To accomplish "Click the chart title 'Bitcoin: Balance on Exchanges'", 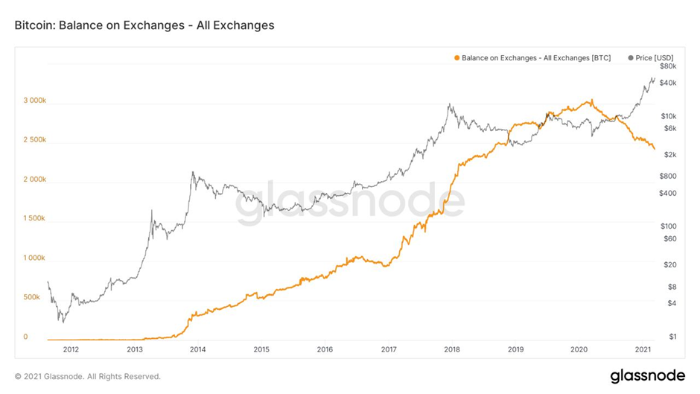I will click(x=144, y=25).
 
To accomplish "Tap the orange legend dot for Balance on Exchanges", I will click(x=456, y=57).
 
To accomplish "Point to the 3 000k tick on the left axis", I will click(x=34, y=101).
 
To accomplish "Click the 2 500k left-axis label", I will click(x=34, y=140).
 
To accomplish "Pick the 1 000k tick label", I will click(x=34, y=258).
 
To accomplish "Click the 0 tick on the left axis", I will click(x=25, y=337).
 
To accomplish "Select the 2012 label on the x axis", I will click(x=71, y=349).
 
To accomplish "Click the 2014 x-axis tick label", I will click(x=198, y=349).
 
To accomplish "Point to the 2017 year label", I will click(x=388, y=349).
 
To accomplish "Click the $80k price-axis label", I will click(x=668, y=66).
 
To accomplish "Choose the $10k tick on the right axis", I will click(x=668, y=116).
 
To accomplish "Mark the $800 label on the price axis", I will click(x=668, y=177).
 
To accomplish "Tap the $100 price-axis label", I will click(x=668, y=226).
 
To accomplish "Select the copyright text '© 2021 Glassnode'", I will click(x=88, y=376).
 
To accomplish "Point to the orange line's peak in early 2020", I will click(x=590, y=101).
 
